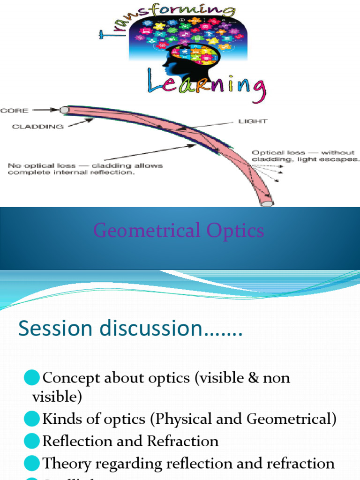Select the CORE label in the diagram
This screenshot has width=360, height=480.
pyautogui.click(x=15, y=111)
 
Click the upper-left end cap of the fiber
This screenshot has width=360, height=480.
pyautogui.click(x=65, y=110)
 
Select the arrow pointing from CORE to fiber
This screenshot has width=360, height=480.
pyautogui.click(x=45, y=111)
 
